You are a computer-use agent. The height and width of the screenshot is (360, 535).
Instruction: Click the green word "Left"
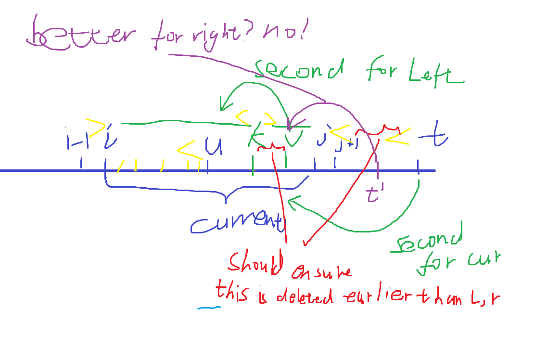click(x=434, y=76)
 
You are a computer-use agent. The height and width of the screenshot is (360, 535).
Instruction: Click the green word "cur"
click(x=484, y=260)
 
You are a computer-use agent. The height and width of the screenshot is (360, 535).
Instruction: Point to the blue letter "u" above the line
click(x=213, y=146)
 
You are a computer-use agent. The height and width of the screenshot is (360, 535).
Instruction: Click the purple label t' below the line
click(x=373, y=195)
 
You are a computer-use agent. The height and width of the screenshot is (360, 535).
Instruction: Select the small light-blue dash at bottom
click(x=209, y=307)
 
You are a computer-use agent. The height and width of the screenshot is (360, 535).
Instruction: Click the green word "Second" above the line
click(x=298, y=71)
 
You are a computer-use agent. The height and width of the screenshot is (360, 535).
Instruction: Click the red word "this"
click(x=232, y=293)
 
